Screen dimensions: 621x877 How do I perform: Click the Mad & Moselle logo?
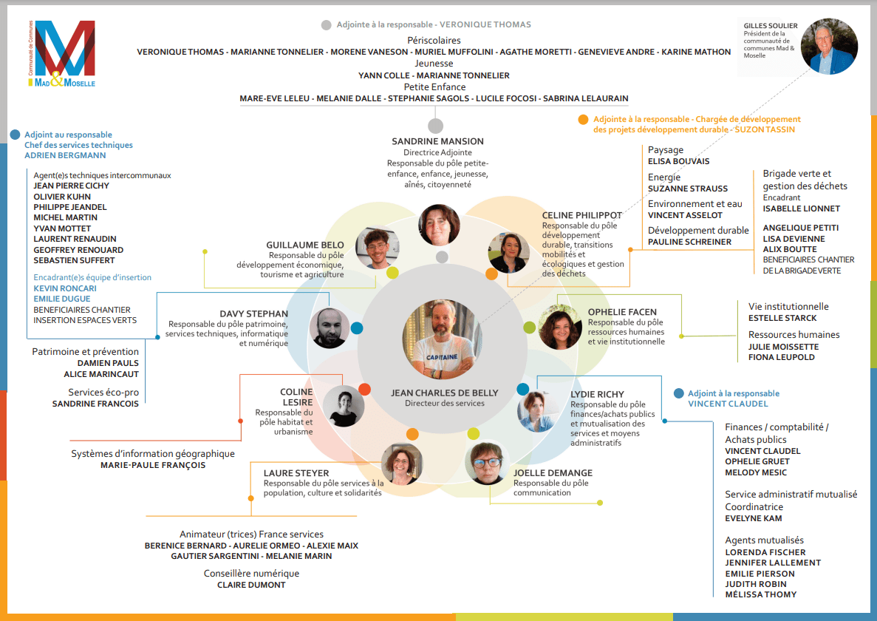64,53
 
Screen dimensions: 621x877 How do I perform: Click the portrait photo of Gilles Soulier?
829,47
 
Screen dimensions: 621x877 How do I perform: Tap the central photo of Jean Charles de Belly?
442,339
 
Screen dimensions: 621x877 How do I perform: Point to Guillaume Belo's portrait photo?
377,248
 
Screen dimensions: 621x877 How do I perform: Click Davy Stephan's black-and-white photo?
330,328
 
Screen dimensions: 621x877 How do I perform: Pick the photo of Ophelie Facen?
559,327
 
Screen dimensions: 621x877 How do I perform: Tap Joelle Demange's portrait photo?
486,463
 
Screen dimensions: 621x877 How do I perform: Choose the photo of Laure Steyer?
402,464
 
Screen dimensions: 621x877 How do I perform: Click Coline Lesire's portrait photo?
344,407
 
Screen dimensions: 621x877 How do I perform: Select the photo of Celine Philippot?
508,253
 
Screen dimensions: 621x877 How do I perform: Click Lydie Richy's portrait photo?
538,411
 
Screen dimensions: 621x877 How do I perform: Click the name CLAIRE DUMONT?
251,585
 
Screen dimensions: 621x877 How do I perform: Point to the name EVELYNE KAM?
753,518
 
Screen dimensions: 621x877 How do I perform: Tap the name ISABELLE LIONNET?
801,208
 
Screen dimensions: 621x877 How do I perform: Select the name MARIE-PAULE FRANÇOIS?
153,465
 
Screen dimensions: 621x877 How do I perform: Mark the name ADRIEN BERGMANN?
65,155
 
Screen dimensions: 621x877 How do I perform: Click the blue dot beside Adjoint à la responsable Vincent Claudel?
678,393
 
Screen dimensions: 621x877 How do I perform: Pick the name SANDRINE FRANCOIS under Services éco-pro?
95,404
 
